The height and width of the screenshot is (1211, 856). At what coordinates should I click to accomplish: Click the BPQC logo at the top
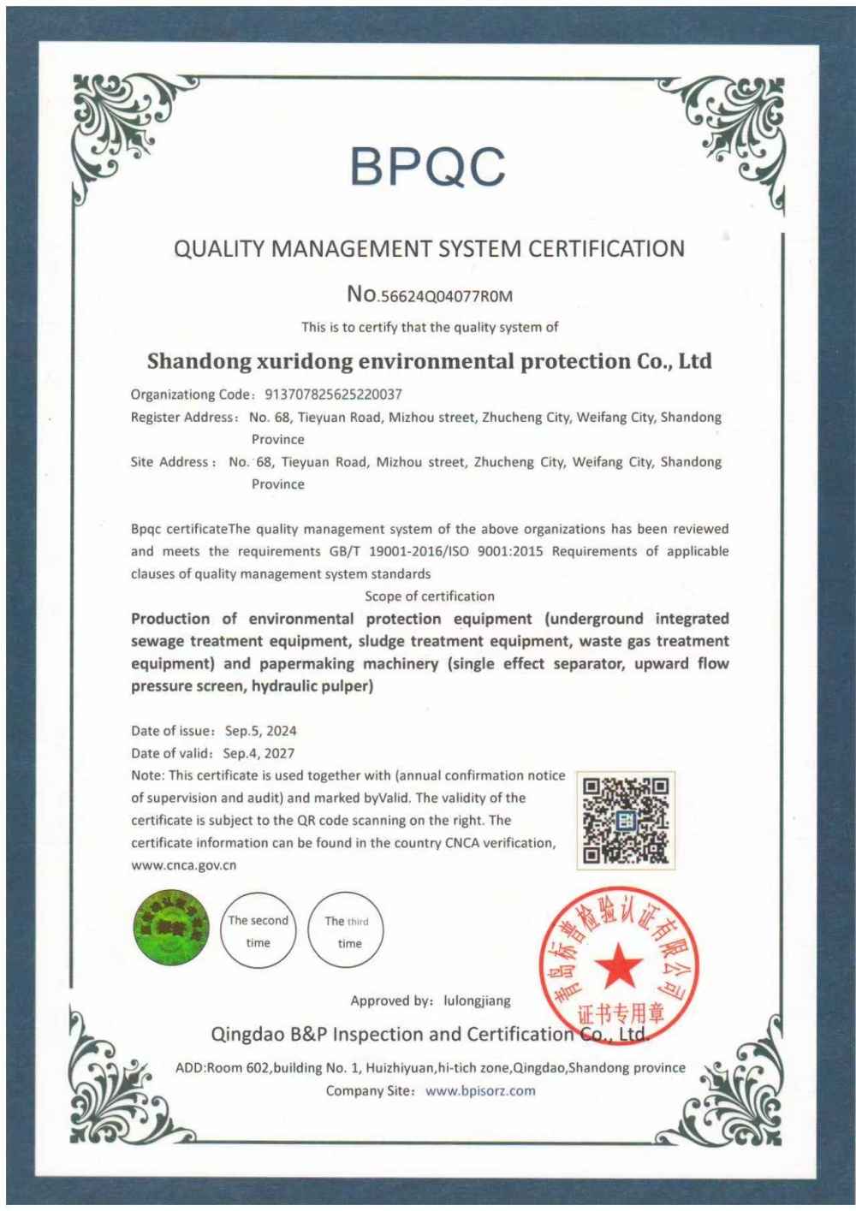pos(427,166)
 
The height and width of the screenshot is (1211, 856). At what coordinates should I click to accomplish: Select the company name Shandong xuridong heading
pos(429,361)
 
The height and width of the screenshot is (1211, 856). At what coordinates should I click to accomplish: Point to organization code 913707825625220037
pos(333,395)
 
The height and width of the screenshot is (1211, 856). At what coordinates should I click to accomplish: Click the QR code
pos(625,820)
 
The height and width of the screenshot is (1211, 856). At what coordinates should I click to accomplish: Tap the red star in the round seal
pos(618,967)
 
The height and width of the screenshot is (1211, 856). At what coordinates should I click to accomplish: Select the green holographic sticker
pos(171,928)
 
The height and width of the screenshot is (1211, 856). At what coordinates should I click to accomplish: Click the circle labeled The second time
pos(259,931)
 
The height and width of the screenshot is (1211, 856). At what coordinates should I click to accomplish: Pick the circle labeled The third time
pos(347,931)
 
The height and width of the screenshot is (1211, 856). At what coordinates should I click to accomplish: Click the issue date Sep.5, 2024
pos(260,731)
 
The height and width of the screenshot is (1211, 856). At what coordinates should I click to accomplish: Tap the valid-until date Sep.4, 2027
pos(259,753)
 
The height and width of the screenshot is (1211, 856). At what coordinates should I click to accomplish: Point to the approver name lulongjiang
pos(477,1000)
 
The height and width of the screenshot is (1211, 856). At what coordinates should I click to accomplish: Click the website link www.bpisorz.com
pos(480,1091)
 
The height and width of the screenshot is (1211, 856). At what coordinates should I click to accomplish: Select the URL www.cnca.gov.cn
pos(183,865)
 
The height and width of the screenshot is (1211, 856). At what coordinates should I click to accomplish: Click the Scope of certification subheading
pos(429,597)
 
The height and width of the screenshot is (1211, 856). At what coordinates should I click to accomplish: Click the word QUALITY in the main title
pos(219,249)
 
